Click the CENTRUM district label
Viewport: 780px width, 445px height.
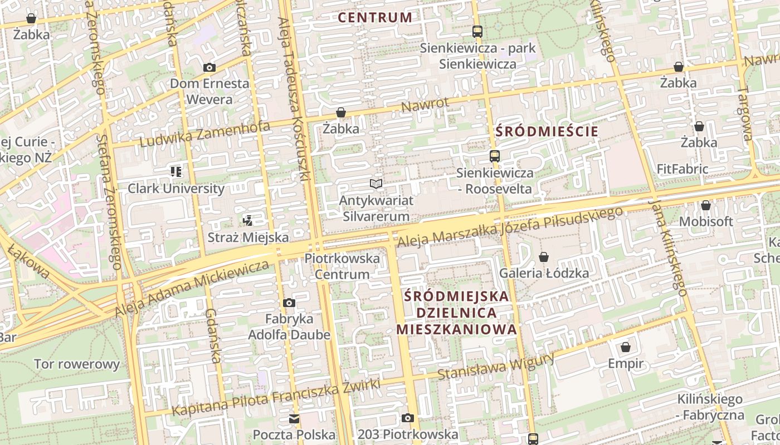click(375, 17)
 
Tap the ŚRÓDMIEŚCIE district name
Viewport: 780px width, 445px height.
click(547, 132)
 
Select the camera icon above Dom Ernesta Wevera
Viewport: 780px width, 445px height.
click(209, 67)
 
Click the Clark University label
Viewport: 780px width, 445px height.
click(176, 189)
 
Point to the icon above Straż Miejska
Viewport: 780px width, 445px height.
click(248, 221)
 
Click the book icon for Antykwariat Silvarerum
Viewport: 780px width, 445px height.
click(376, 184)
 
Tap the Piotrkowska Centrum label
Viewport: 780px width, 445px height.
click(342, 266)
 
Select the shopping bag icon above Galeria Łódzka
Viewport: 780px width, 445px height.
click(544, 256)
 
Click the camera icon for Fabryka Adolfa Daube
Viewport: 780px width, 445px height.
click(289, 303)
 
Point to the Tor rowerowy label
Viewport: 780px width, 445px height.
click(77, 364)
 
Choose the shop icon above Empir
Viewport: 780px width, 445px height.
click(626, 347)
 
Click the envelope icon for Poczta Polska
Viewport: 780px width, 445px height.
click(294, 418)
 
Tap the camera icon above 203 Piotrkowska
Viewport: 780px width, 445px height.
click(408, 418)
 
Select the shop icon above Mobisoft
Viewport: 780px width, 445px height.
click(706, 205)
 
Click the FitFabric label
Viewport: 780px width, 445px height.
click(682, 169)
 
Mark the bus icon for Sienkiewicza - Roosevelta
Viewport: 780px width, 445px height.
click(494, 156)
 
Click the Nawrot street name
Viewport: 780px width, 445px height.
click(425, 104)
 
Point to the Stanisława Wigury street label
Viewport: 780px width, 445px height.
click(496, 365)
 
